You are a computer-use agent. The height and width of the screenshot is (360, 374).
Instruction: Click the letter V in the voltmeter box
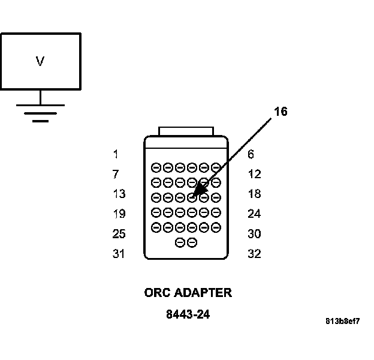click(x=40, y=61)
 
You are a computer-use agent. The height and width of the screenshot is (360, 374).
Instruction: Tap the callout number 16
click(x=280, y=112)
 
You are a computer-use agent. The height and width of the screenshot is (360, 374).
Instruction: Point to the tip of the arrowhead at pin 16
click(x=194, y=197)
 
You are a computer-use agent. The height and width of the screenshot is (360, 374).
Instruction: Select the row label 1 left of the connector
click(x=115, y=154)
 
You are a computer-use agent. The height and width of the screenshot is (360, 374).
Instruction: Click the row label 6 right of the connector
click(x=251, y=154)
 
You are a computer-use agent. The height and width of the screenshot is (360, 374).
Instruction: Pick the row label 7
click(x=115, y=174)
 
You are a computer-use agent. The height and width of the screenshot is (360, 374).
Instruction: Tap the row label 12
click(x=254, y=174)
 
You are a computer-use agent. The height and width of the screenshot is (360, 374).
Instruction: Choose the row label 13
click(x=119, y=194)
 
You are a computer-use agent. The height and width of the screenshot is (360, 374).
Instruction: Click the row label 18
click(x=254, y=194)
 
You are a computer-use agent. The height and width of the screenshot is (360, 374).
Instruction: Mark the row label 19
click(x=119, y=214)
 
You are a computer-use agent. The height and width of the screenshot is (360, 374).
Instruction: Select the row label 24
click(x=254, y=214)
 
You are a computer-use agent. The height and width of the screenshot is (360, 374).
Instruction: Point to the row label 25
click(x=119, y=233)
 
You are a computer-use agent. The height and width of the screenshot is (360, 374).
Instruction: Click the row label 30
click(x=254, y=233)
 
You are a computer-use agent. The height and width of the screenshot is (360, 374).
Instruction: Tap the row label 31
click(x=119, y=254)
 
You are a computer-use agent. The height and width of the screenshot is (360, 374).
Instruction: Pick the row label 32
click(x=254, y=254)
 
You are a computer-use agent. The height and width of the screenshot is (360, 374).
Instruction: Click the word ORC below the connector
click(x=157, y=293)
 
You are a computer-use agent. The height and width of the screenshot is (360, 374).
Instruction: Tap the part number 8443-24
click(x=188, y=314)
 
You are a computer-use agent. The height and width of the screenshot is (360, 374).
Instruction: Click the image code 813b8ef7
click(x=342, y=321)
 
